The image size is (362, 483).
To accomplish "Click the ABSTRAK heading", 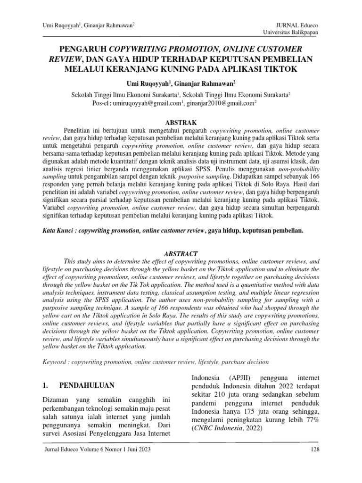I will coord(181,121).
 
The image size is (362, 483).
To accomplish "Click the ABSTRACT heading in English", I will coord(181,253).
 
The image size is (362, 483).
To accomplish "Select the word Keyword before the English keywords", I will coord(55,362).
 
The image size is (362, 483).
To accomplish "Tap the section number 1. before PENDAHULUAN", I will coord(46,385).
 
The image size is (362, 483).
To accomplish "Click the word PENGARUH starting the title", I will coord(82,49).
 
